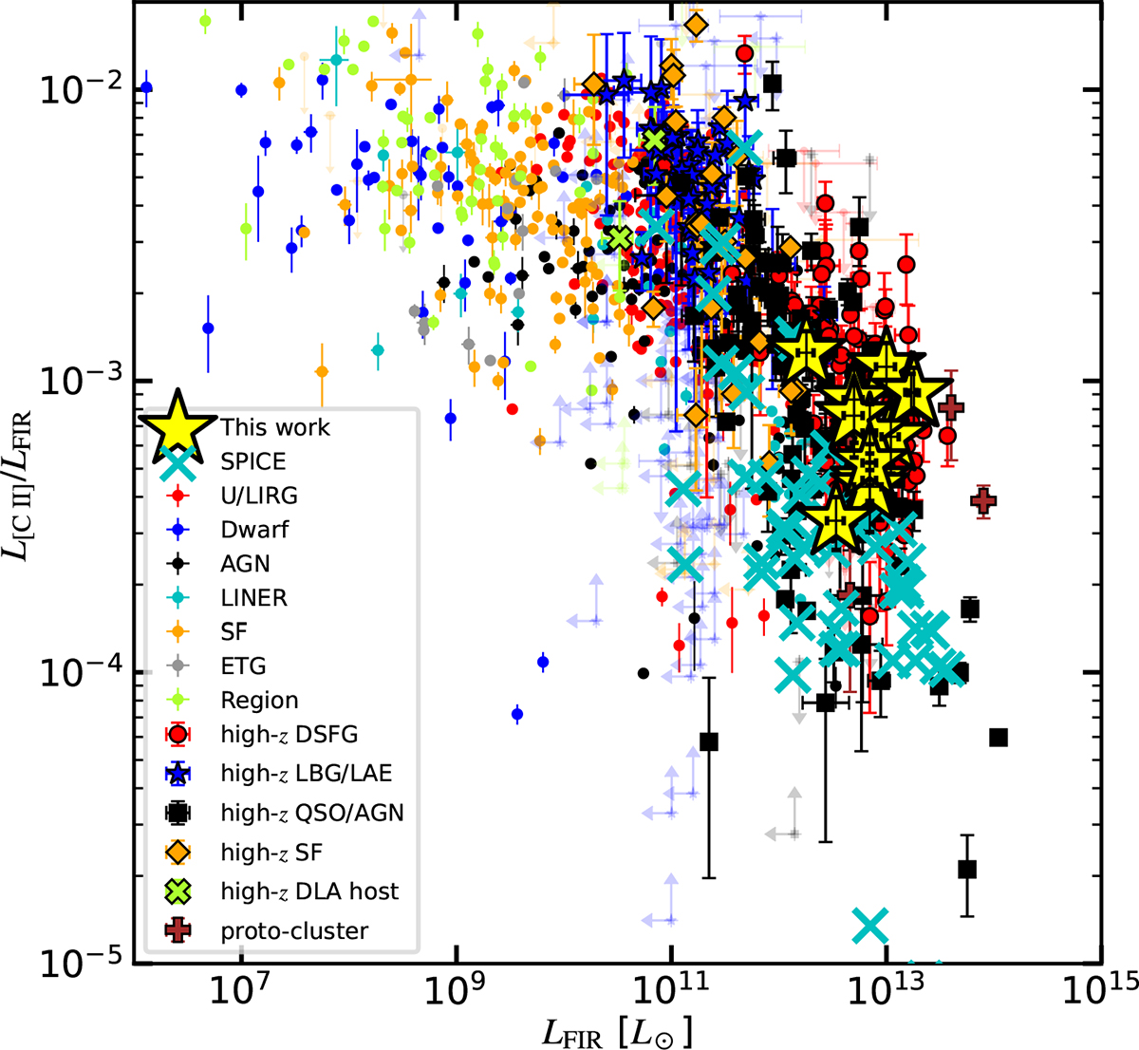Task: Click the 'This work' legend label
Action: pyautogui.click(x=275, y=427)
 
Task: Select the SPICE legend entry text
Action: pyautogui.click(x=252, y=461)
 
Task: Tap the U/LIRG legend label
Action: pyautogui.click(x=259, y=496)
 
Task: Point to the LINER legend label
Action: pyautogui.click(x=253, y=598)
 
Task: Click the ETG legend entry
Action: pyautogui.click(x=243, y=666)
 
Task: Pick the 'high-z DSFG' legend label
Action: pyautogui.click(x=289, y=734)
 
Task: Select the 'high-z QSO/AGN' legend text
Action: pyautogui.click(x=312, y=813)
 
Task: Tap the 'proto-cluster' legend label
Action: pyautogui.click(x=294, y=931)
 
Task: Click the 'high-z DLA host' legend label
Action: pyautogui.click(x=309, y=891)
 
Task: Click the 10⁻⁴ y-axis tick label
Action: pyautogui.click(x=86, y=672)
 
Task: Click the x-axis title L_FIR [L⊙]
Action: pyautogui.click(x=617, y=1029)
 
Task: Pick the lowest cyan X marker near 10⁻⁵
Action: pyautogui.click(x=870, y=923)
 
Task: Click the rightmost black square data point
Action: pyautogui.click(x=998, y=738)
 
